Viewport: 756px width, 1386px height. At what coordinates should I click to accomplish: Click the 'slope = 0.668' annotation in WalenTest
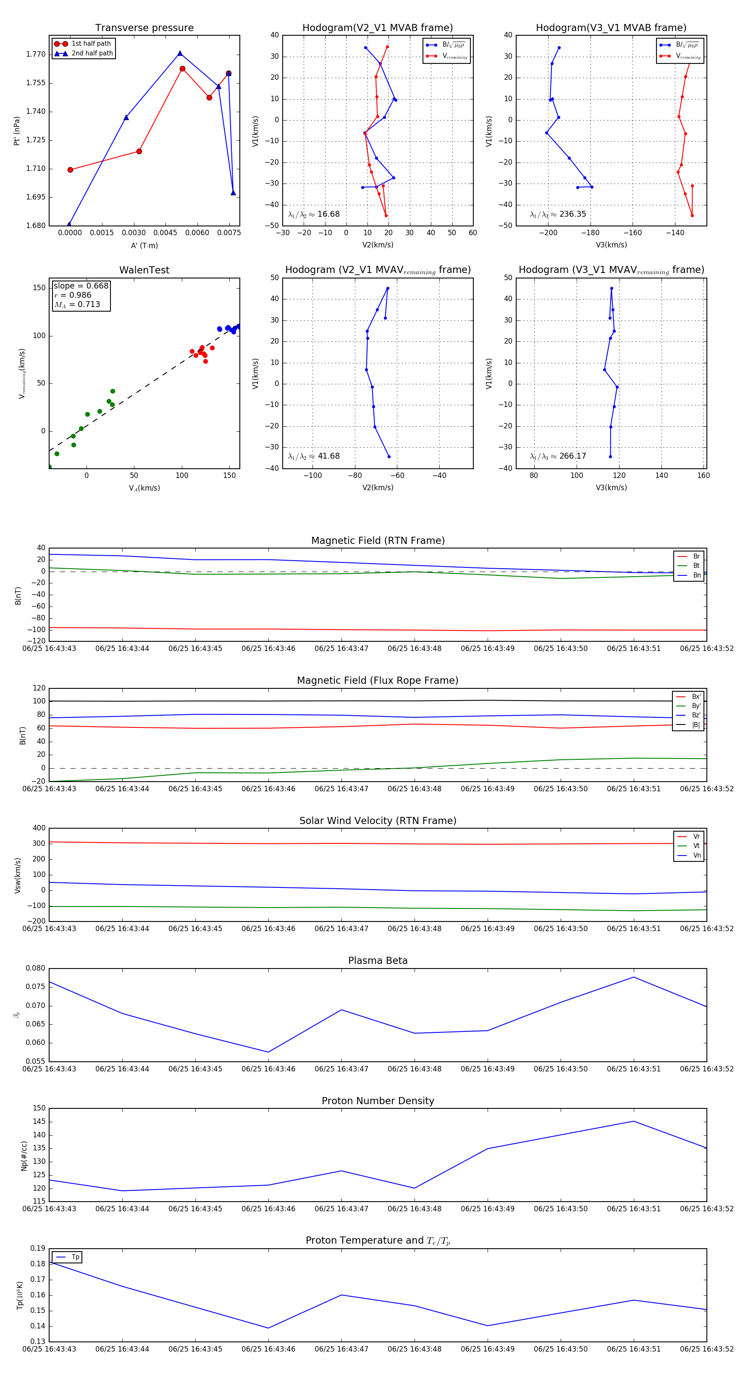coord(81,286)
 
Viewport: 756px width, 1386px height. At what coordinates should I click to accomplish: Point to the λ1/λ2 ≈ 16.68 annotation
coord(314,214)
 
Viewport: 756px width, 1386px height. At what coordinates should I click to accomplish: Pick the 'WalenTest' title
coord(144,270)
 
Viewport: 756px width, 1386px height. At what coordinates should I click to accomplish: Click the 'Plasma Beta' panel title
coord(378,961)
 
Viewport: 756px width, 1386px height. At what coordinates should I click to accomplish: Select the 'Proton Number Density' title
coord(378,1100)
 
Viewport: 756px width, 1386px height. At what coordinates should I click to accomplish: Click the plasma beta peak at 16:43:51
coord(634,977)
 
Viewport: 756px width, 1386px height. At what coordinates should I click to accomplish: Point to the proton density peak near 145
coord(634,1121)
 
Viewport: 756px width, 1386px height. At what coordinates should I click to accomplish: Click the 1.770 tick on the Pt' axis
coord(36,54)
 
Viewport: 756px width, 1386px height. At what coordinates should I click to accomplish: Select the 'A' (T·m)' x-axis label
coord(144,245)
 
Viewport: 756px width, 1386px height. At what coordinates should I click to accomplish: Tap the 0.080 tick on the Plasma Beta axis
coord(36,968)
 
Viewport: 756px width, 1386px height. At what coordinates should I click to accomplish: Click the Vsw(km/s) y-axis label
coord(18,875)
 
